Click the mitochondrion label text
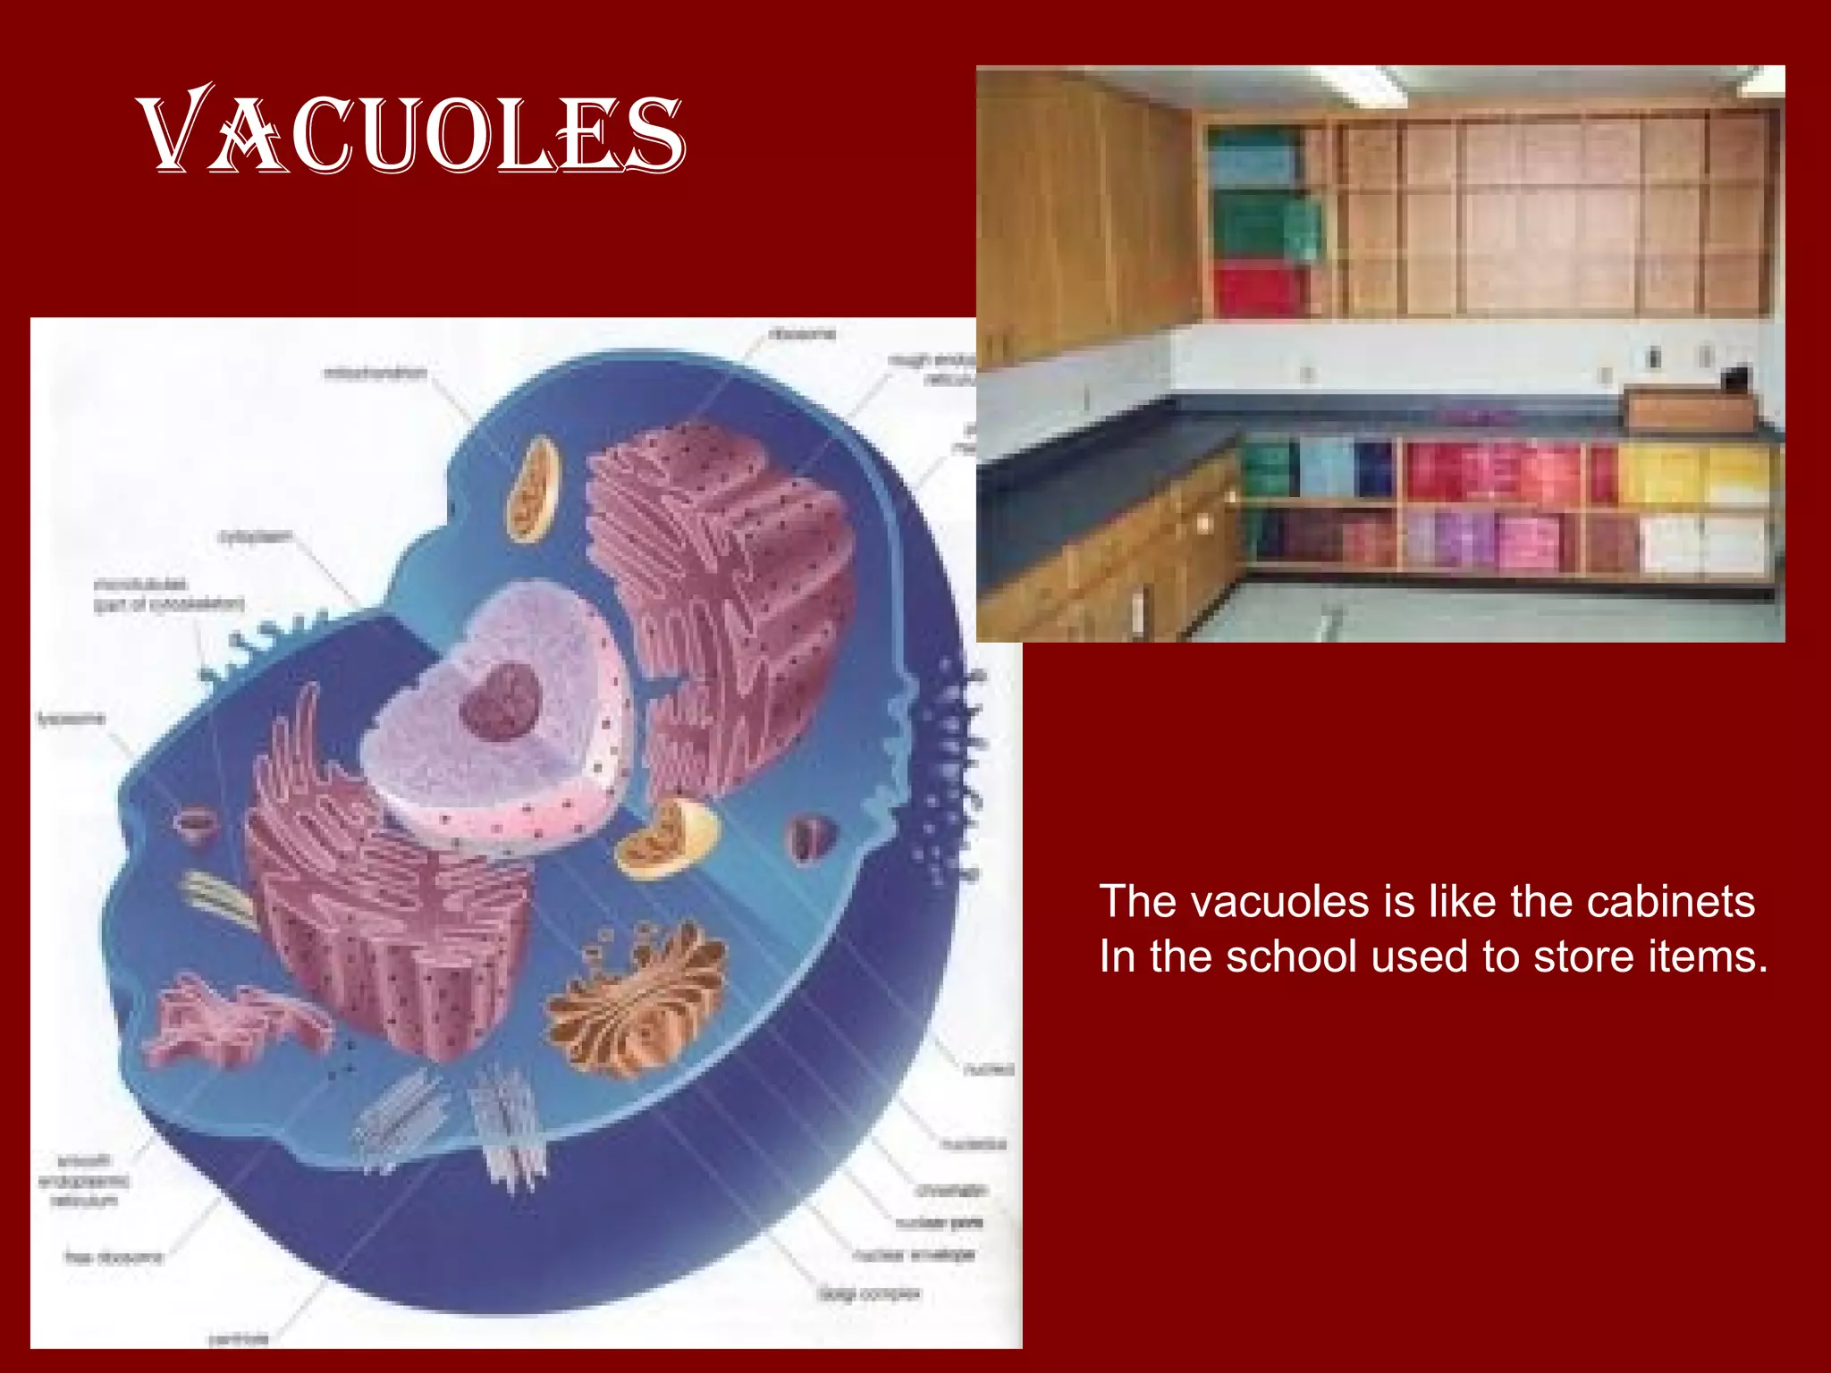(375, 373)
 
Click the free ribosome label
(114, 1258)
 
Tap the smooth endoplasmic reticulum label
(83, 1180)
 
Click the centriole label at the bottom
(238, 1338)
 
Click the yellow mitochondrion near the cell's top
(534, 490)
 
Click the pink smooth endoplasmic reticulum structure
(228, 1019)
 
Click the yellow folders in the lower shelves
(1690, 474)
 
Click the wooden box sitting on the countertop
(1685, 409)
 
